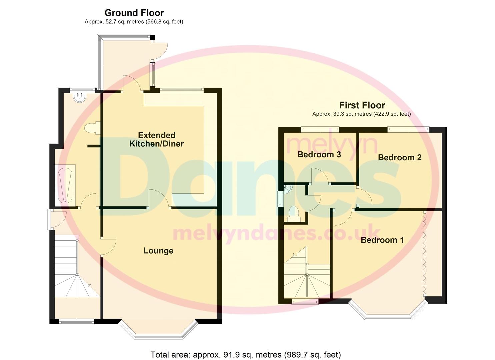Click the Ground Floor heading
134,13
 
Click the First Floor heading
362,105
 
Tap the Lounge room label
158,251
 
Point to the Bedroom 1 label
382,240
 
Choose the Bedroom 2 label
400,157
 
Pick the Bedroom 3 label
319,154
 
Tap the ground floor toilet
91,128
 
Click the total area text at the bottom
246,354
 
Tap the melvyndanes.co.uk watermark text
276,233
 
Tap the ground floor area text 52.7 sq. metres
134,22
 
